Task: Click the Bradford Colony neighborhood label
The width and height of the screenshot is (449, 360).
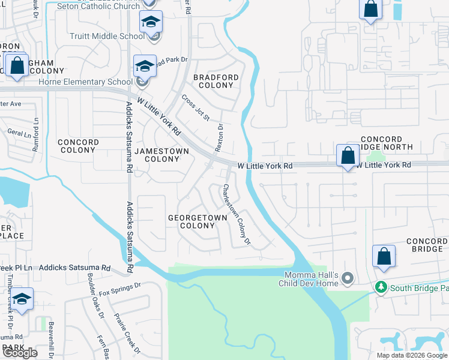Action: tap(215, 81)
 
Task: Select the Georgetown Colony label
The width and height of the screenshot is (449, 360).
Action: tap(197, 221)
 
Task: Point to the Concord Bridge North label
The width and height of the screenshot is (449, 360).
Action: tap(387, 143)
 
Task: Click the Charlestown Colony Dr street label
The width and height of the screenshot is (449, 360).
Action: tap(236, 214)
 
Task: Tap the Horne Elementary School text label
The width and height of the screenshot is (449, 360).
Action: tap(95, 82)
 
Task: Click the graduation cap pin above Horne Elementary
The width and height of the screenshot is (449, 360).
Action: tap(144, 67)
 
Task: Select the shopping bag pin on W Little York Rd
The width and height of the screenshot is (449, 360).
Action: tap(348, 156)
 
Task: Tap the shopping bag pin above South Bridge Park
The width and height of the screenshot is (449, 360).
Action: tap(384, 256)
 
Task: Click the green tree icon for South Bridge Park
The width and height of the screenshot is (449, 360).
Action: tap(381, 288)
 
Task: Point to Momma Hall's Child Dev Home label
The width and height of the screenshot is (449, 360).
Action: tap(312, 279)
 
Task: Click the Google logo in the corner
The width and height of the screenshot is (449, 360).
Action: tap(20, 352)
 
